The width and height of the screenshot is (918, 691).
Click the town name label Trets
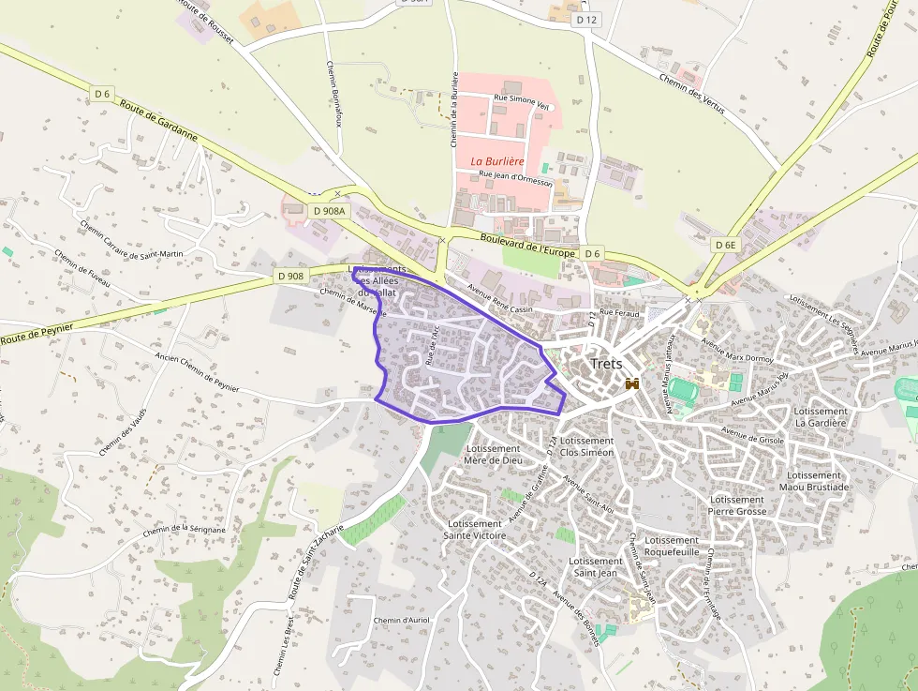(606, 364)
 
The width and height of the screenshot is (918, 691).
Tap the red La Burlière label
(496, 161)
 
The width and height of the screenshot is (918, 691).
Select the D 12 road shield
(586, 19)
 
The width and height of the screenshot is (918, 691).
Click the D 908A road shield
(327, 211)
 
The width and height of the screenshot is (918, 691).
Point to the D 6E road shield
(725, 245)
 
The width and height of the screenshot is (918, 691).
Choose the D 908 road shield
(290, 276)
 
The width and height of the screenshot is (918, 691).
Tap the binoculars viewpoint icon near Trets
(632, 383)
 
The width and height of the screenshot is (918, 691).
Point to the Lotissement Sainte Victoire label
(476, 530)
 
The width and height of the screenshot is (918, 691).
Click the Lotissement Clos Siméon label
(586, 446)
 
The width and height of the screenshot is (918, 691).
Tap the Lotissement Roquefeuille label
(673, 547)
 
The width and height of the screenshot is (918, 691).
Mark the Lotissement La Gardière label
(820, 417)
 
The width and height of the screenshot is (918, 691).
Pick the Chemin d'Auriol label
(401, 621)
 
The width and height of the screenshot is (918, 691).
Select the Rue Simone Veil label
(521, 104)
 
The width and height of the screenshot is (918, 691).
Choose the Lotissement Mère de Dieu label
(493, 454)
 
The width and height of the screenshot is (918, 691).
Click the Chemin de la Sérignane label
(185, 529)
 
